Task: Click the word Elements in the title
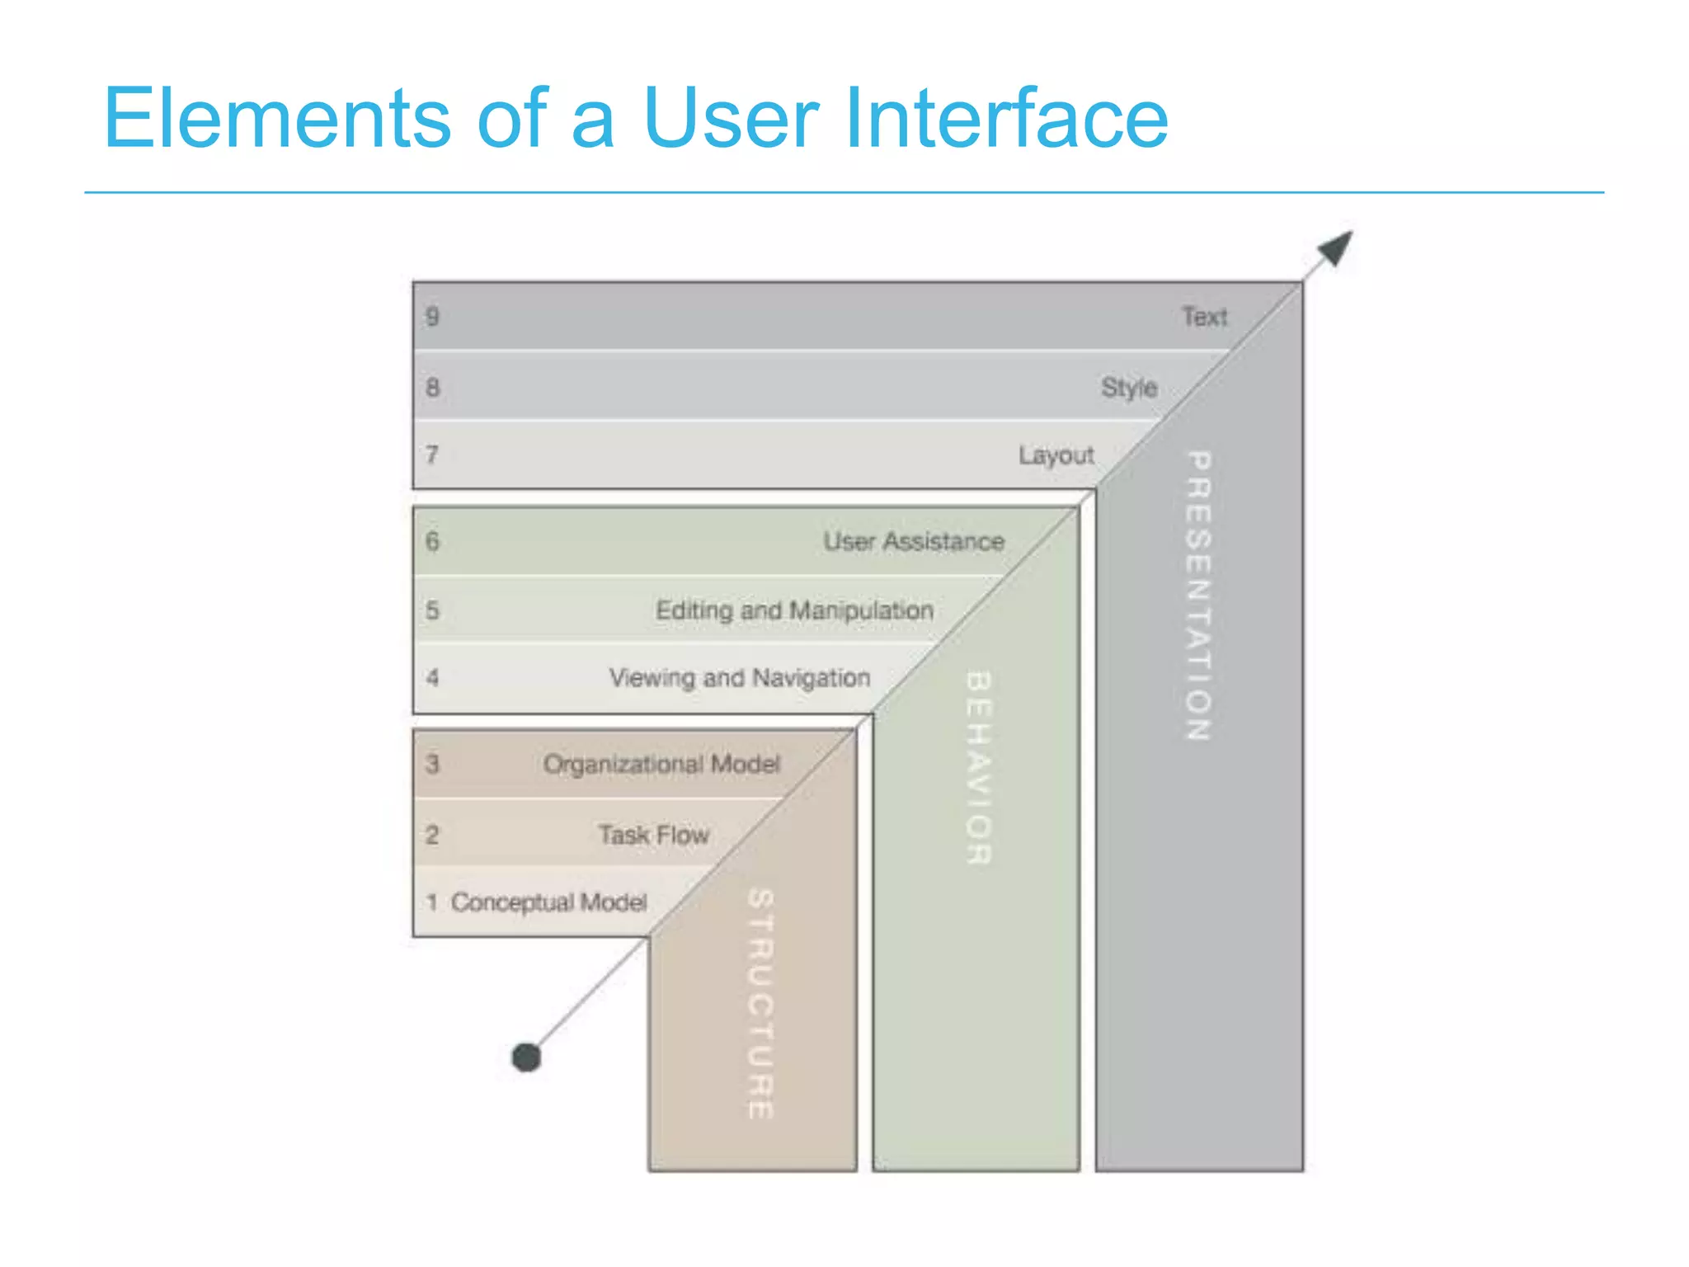coord(277,119)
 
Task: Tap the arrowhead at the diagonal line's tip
coord(1336,247)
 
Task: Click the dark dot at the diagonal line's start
coord(526,1057)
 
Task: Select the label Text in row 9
coord(1204,317)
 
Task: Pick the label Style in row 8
coord(1129,388)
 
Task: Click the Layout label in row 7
coord(1056,455)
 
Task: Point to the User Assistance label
coord(914,542)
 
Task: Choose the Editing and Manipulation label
coord(794,610)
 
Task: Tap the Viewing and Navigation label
coord(740,678)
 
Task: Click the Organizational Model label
coord(661,764)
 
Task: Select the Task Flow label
coord(653,835)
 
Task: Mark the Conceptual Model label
coord(548,902)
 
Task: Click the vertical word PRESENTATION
coord(1198,596)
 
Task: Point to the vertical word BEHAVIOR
coord(978,767)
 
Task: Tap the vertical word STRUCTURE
coord(760,1003)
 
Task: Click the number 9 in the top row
coord(432,317)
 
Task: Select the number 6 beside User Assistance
coord(432,542)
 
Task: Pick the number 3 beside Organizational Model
coord(432,764)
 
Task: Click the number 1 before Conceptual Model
coord(431,902)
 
